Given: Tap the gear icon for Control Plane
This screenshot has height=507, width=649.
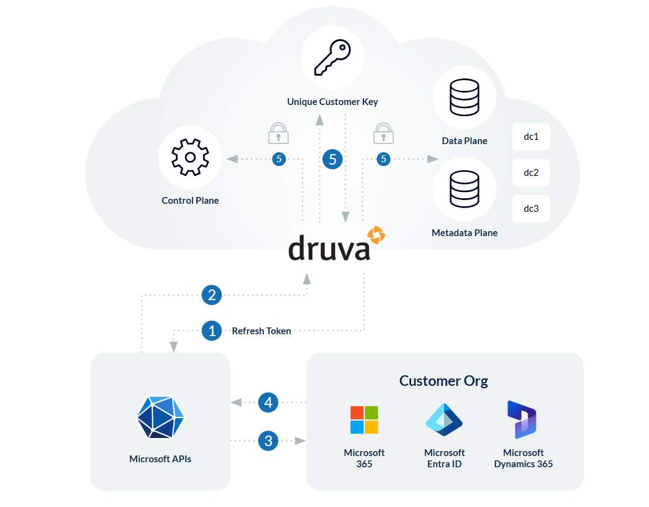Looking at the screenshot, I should tap(190, 157).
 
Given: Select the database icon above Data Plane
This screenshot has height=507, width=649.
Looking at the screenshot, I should tap(464, 98).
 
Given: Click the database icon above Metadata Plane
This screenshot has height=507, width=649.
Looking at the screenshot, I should tap(464, 189).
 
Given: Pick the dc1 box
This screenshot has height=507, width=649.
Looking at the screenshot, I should tap(531, 137).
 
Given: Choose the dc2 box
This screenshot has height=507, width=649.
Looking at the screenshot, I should tap(531, 173).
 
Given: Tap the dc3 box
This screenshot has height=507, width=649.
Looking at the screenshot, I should tap(531, 209).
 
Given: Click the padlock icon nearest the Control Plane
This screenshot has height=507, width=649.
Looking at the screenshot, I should tap(278, 134).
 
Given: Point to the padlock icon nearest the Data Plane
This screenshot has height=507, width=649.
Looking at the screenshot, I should tap(383, 134).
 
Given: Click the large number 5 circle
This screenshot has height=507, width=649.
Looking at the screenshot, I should tap(333, 160).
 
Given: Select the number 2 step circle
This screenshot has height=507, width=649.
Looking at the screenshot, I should tap(212, 295).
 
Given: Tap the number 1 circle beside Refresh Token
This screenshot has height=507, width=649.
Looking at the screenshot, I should tap(212, 331).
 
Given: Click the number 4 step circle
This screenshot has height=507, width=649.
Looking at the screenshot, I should tap(268, 403).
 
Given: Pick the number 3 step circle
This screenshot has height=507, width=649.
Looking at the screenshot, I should tap(268, 441).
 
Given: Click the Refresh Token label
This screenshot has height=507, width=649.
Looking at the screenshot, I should tap(261, 331).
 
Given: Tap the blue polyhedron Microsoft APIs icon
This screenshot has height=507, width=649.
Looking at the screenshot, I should tap(160, 418).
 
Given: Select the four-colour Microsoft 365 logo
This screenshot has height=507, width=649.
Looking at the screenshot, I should tap(364, 420).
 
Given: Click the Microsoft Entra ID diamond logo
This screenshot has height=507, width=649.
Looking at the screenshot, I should tap(444, 420).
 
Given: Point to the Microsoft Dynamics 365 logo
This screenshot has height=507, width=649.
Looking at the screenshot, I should tap(522, 420).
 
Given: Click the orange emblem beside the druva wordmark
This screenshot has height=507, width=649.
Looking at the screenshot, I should tap(376, 235).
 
